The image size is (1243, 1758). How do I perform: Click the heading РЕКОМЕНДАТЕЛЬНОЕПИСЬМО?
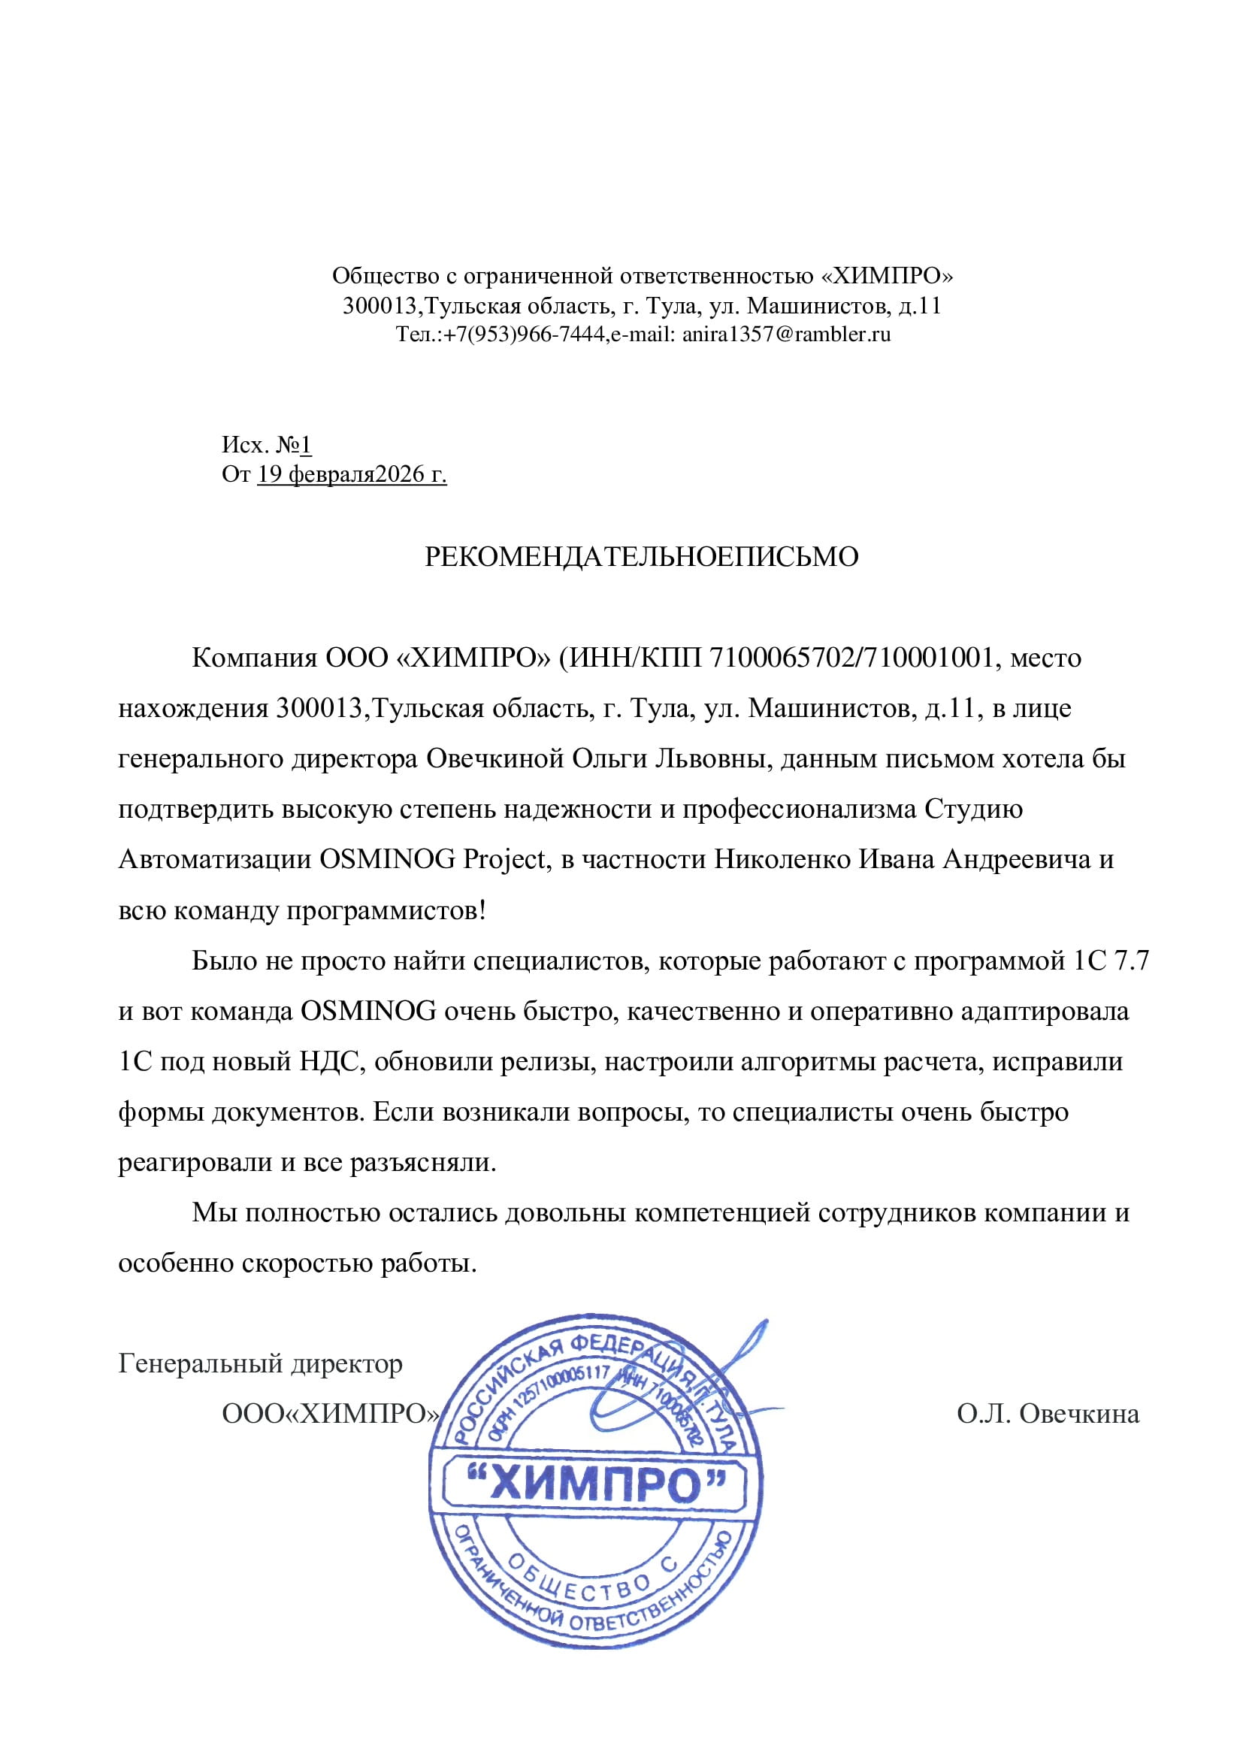point(641,556)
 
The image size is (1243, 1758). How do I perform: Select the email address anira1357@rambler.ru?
point(786,334)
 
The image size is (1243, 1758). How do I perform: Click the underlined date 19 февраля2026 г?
point(352,475)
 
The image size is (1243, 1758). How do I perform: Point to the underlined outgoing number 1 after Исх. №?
point(306,444)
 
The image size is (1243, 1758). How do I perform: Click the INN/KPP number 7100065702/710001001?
point(852,657)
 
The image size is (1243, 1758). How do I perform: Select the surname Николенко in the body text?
point(782,859)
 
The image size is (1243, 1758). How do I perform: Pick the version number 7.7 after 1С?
point(1132,960)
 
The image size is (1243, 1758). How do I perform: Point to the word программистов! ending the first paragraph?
point(386,910)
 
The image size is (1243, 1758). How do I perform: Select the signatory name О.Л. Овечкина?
point(1047,1414)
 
